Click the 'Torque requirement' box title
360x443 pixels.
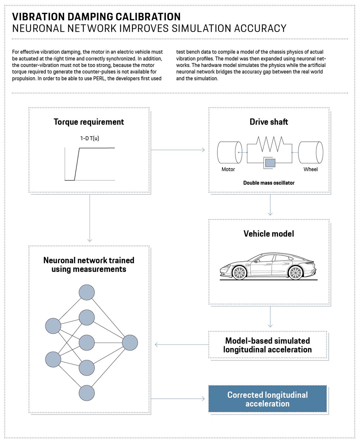coord(89,122)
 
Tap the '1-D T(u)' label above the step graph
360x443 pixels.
coord(90,138)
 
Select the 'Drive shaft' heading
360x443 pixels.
coord(269,122)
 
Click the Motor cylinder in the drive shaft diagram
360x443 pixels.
coord(230,153)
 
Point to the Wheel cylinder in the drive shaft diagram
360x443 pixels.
coord(310,153)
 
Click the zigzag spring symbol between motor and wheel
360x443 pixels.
coord(270,144)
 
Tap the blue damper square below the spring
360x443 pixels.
coord(270,163)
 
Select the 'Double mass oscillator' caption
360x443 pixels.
coord(269,183)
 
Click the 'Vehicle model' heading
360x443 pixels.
coord(269,234)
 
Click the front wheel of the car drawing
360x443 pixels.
coord(239,273)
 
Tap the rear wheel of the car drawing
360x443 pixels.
coord(295,273)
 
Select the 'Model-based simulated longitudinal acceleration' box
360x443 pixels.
coord(267,345)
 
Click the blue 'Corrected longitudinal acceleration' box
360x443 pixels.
coord(267,399)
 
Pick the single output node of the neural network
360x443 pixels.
coord(130,343)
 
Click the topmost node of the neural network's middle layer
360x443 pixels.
coord(86,293)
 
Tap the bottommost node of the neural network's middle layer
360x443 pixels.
coord(86,393)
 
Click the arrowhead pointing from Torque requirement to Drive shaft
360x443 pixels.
coord(203,150)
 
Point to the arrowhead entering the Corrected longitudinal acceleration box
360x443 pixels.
coord(203,399)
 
